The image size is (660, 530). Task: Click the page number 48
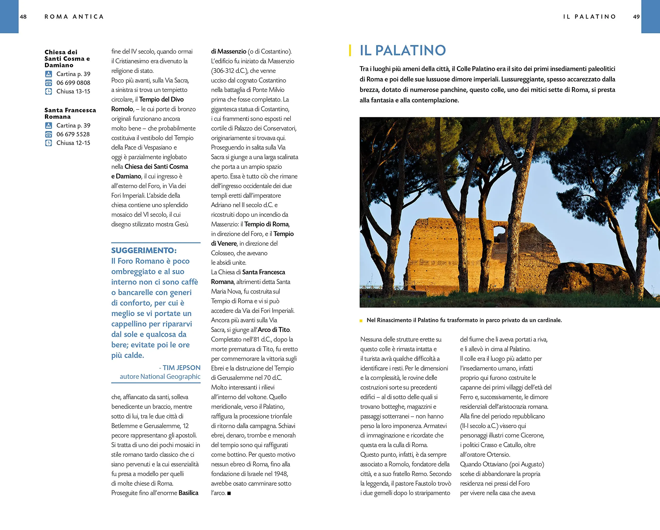click(23, 17)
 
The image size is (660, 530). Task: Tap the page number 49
click(636, 17)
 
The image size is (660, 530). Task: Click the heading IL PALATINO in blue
click(402, 50)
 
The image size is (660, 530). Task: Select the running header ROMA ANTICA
click(74, 17)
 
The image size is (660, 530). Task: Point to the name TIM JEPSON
click(181, 367)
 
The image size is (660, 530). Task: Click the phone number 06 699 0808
click(73, 83)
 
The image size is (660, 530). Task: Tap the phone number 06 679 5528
click(73, 134)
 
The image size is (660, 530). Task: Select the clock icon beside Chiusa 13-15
click(48, 91)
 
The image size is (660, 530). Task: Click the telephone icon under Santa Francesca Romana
click(48, 134)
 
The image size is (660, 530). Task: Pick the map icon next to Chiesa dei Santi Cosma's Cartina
click(48, 74)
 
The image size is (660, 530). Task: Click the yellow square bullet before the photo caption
click(361, 321)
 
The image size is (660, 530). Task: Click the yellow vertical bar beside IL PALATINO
click(350, 50)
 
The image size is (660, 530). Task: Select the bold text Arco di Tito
click(274, 330)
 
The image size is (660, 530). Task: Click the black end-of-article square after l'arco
click(229, 493)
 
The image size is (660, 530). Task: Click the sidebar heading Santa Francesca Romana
click(70, 113)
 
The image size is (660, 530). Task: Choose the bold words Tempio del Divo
click(161, 99)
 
